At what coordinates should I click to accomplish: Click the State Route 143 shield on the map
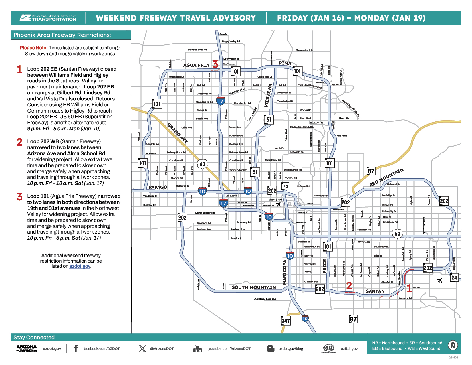coord(285,186)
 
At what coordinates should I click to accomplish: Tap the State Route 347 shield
coord(286,321)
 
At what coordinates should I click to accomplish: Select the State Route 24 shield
coord(454,277)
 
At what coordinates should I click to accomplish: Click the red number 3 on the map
coord(215,64)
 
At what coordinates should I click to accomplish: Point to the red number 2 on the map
coord(349,286)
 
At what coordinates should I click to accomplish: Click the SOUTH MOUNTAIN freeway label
coord(254,287)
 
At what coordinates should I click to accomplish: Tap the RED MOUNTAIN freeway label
coord(386,177)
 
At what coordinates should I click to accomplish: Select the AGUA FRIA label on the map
coord(196,65)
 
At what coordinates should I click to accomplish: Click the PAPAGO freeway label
coord(158,187)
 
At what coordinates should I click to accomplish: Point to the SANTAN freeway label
coord(375,291)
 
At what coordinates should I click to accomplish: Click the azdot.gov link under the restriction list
coord(80,266)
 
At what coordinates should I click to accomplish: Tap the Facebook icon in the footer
coord(76,348)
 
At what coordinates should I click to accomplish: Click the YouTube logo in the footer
coord(198,348)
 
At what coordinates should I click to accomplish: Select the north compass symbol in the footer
coord(453,346)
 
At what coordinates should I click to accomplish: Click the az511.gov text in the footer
coord(349,349)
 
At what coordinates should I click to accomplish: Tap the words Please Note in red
coord(33,48)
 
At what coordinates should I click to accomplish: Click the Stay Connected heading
coord(34,337)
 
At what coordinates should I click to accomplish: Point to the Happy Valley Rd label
coord(231,41)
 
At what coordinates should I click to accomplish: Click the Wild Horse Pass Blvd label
coord(265,299)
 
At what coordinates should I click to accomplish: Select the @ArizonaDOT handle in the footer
coord(162,349)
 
